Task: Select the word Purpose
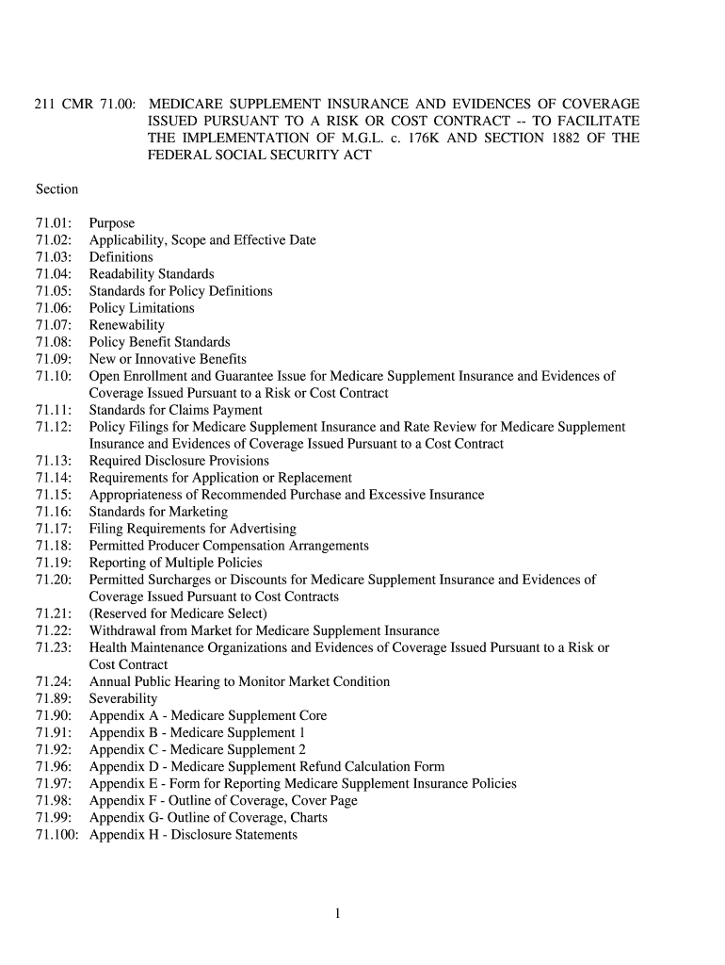pyautogui.click(x=112, y=223)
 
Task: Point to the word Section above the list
pyautogui.click(x=56, y=189)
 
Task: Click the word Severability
pyautogui.click(x=123, y=698)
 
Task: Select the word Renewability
pyautogui.click(x=126, y=325)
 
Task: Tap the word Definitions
pyautogui.click(x=121, y=257)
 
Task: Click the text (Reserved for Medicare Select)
pyautogui.click(x=178, y=613)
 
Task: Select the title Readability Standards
pyautogui.click(x=152, y=274)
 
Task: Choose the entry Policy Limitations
pyautogui.click(x=141, y=308)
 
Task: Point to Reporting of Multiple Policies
pyautogui.click(x=176, y=563)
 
